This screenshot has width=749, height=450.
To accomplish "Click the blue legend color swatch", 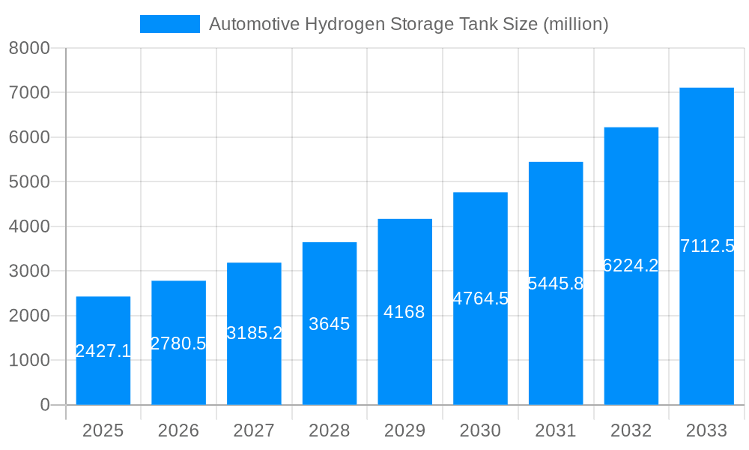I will coord(170,24).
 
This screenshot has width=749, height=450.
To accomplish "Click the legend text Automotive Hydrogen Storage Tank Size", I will coord(408,24).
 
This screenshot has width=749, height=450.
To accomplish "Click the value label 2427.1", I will coord(103,350).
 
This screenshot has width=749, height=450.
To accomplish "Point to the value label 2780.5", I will coord(178,343).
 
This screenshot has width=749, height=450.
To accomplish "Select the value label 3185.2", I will coord(254,332).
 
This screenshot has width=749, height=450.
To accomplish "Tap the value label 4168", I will coord(404,312).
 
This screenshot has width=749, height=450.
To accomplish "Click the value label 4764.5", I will coord(480,298).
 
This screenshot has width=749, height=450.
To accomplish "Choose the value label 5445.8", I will coord(556,283).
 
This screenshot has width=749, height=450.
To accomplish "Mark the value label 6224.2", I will coord(631,265).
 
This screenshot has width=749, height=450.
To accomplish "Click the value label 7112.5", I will coord(707,246).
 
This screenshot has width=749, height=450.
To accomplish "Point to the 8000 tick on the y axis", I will coord(29,48).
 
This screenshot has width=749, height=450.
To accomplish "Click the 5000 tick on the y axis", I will coord(29,182).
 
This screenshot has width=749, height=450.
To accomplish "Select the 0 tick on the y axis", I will coord(44,405).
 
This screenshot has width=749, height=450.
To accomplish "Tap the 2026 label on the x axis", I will coord(178,430).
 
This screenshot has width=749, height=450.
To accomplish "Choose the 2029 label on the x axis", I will coord(404,430).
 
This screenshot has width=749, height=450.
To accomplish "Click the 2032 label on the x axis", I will coord(631,430).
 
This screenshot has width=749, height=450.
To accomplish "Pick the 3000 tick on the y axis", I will coord(29,271).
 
